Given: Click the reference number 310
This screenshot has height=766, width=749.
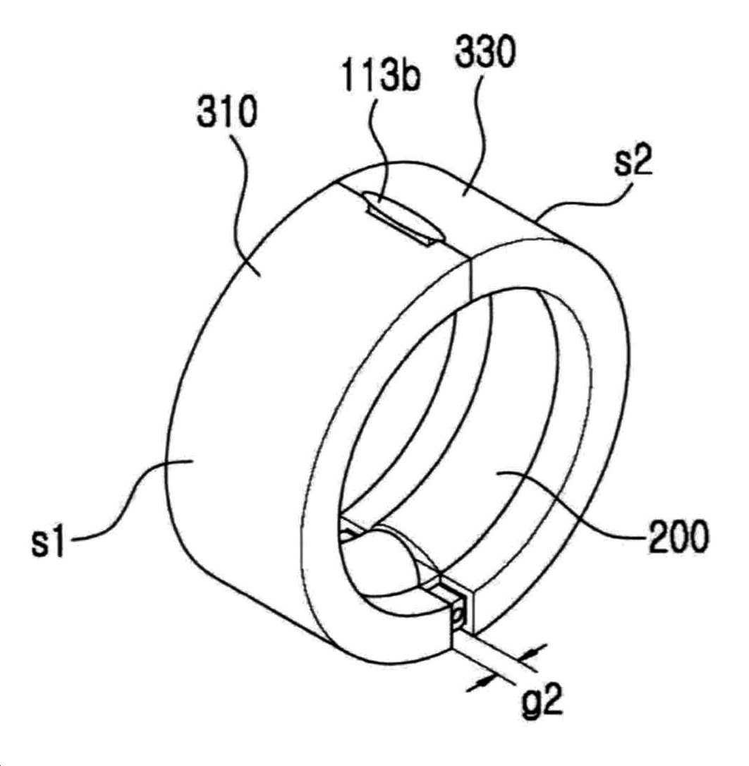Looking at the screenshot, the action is [226, 111].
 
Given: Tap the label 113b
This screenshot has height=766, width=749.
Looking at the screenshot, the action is [381, 76].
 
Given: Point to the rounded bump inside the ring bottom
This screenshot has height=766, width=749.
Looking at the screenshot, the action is [386, 557].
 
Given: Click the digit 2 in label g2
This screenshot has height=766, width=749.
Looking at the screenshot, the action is [554, 701].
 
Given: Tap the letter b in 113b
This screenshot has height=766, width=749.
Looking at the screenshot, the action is [410, 76].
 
